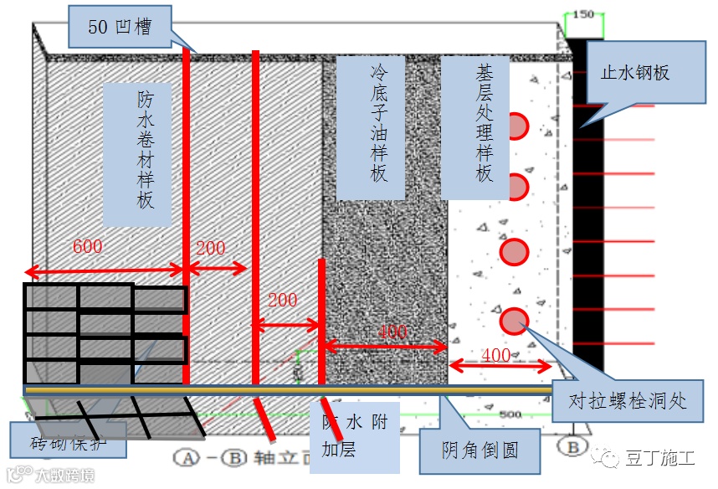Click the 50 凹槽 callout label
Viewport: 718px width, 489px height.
[x=120, y=27]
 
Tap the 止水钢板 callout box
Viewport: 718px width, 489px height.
[x=635, y=74]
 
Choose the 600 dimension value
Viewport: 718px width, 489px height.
[x=88, y=249]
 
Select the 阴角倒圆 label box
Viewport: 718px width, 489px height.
[x=480, y=450]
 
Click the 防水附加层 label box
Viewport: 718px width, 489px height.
[x=355, y=436]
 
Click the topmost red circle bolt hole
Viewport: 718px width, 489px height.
[x=516, y=126]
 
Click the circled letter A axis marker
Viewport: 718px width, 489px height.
[x=186, y=458]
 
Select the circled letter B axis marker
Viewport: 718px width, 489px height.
[x=573, y=447]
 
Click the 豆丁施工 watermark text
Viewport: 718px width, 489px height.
[x=660, y=459]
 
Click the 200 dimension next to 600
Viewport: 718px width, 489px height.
[x=211, y=248]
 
